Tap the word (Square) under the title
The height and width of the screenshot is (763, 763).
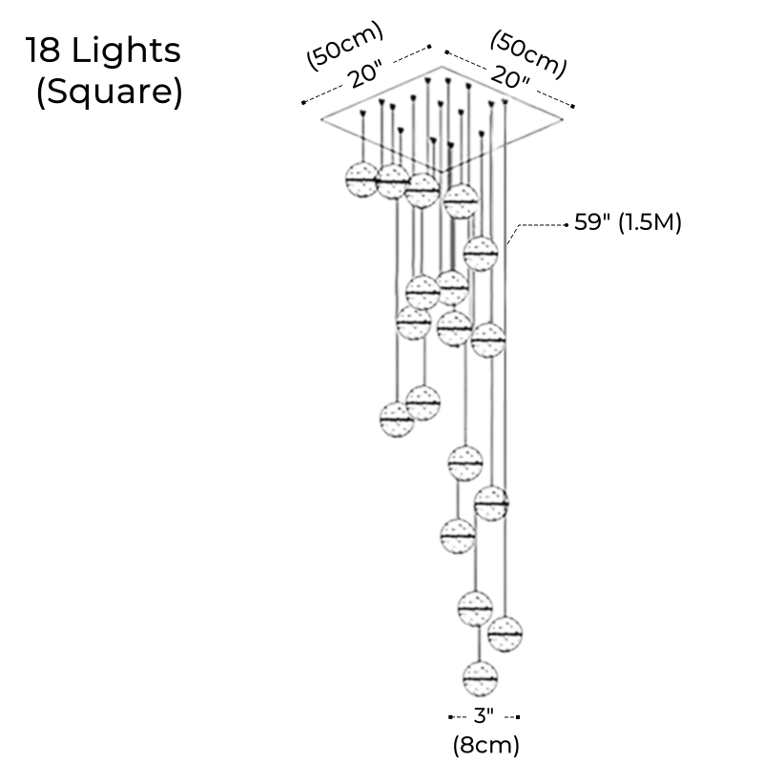108,93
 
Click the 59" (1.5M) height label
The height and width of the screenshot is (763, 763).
627,223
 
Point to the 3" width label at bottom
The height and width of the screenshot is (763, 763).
485,715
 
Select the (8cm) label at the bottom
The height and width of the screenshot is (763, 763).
485,741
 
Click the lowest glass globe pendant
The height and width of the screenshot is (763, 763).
480,677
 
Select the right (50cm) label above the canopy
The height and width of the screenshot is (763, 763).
527,54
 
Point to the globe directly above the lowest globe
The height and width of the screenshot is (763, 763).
474,608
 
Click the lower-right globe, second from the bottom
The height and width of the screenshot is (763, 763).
505,631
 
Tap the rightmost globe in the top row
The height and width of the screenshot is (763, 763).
461,201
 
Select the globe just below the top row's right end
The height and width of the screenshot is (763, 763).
481,253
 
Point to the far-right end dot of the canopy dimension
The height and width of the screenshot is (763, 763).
575,106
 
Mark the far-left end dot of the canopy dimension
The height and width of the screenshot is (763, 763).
301,102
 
